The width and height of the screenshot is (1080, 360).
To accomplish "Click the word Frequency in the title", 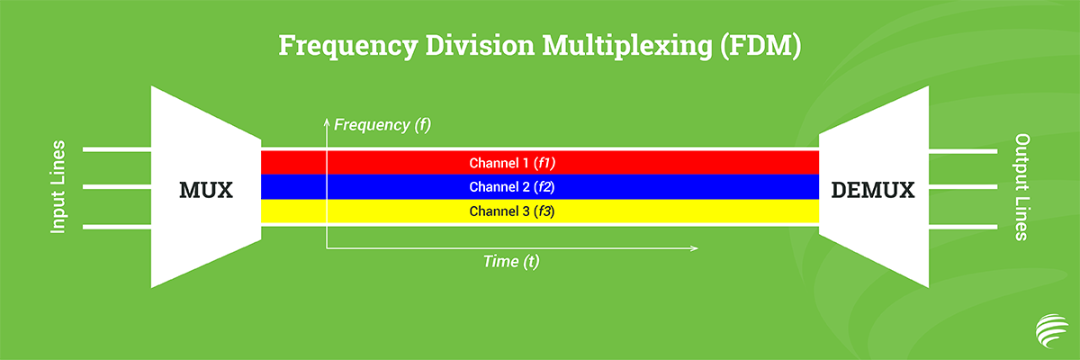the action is coord(348,46).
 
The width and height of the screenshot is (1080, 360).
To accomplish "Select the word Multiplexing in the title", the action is coord(627,46).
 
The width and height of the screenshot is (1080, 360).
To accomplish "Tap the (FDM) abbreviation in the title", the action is coord(760,46).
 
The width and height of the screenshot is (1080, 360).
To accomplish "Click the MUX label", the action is coord(206,190).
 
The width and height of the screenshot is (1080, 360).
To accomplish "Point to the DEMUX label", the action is coord(873,190).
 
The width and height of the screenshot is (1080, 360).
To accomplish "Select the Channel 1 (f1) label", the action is coord(512,163).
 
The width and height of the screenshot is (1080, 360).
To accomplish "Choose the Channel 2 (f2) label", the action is coord(512,187).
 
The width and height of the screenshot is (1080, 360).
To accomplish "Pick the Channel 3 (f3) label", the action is coord(512,211).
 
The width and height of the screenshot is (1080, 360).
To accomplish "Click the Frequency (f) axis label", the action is coord(382,125).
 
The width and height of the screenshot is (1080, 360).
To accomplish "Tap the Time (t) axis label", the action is coord(511,262).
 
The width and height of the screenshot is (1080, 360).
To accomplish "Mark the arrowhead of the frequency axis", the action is coord(327,121).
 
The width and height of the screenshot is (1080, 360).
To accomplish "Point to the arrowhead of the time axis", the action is coord(695,248).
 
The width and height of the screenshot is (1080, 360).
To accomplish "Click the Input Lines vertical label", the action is coord(58,187).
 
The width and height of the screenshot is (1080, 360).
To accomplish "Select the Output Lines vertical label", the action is coord(1022,187).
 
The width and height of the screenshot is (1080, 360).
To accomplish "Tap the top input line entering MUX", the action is coord(117,149).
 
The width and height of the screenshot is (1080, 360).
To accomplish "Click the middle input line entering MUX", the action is coord(117,186).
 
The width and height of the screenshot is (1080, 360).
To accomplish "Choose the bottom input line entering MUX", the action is coord(117,227).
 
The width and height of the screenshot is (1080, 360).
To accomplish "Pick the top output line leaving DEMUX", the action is coord(963,151).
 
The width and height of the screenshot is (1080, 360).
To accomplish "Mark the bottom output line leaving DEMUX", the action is coord(963,227).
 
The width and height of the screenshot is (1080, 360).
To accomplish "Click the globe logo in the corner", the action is coord(1051,330).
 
